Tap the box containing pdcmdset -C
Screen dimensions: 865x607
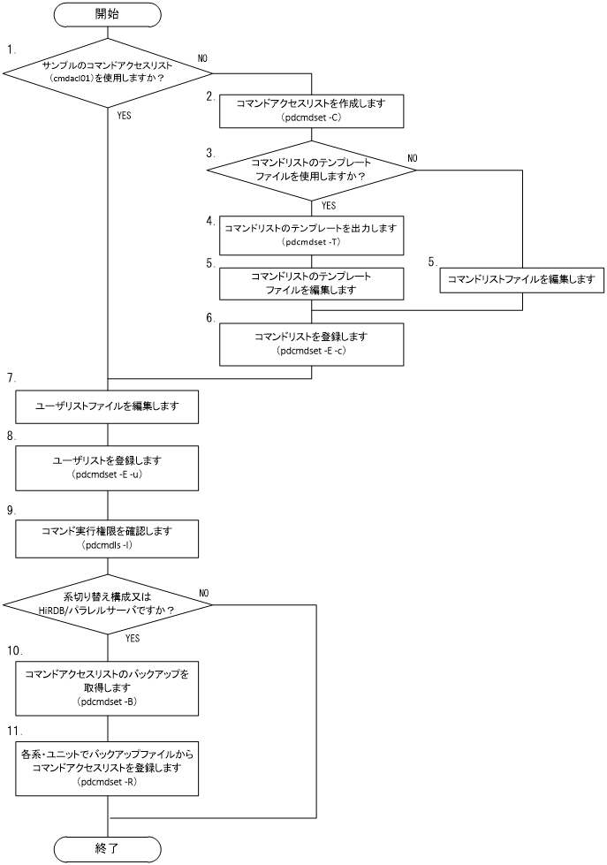(313, 111)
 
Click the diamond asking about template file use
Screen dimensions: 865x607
(313, 170)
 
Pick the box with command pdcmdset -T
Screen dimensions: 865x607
(313, 235)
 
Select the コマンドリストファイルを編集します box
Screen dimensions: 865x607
(521, 279)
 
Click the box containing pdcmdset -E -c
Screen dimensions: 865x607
(313, 344)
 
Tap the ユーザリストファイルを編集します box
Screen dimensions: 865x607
(108, 407)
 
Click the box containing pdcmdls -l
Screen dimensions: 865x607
(108, 538)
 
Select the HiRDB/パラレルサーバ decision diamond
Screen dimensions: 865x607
(108, 605)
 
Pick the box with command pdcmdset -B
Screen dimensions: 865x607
(108, 686)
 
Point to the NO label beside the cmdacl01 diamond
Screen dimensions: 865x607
(202, 57)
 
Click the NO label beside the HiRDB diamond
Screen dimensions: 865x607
(204, 593)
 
